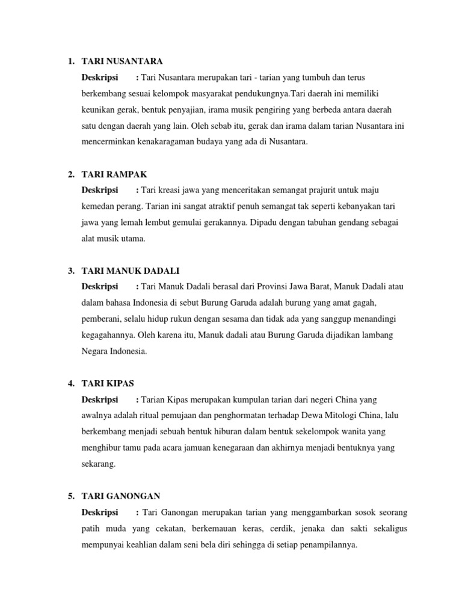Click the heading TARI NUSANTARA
122,61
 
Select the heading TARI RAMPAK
114,174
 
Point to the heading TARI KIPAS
109,383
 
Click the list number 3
71,271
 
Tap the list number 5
71,496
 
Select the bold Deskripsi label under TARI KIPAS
100,399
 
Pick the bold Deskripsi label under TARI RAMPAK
100,190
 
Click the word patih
90,528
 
